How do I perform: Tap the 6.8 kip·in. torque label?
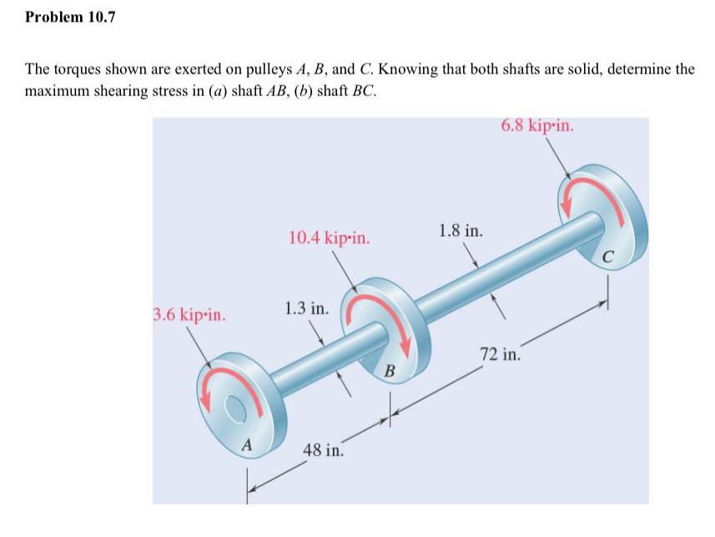(x=537, y=125)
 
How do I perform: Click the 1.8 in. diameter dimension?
(x=460, y=230)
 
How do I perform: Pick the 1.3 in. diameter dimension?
(x=306, y=308)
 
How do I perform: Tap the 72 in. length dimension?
(x=501, y=353)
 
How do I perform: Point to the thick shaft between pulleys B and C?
(x=501, y=267)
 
